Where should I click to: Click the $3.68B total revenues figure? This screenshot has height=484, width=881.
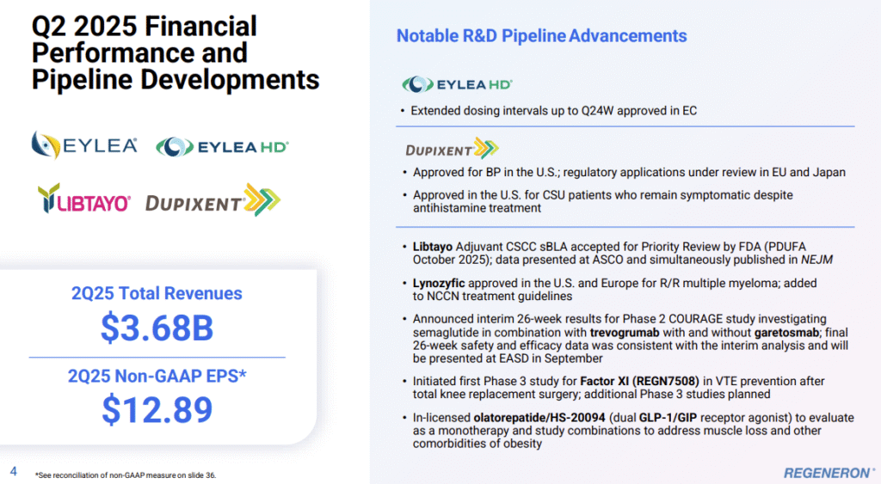[157, 328]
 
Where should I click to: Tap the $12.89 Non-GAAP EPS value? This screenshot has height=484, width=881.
[157, 409]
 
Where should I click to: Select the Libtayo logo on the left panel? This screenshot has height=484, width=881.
[84, 199]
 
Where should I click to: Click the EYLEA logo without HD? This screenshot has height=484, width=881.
[84, 145]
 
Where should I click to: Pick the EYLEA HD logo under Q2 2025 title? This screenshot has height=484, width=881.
[223, 147]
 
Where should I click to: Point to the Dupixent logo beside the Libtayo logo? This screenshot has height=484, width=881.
[213, 200]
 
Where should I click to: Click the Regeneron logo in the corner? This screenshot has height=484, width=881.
[829, 473]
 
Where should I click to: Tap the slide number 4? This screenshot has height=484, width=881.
[14, 471]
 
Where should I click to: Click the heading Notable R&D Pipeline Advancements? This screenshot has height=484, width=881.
[542, 36]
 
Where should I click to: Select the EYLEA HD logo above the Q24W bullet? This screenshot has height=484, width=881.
[458, 84]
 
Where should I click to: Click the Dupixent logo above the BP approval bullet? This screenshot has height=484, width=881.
[453, 148]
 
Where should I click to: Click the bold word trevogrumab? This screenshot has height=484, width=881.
[625, 333]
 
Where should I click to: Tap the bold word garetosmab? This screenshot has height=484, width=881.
[786, 333]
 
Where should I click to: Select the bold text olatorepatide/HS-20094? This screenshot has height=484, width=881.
[539, 418]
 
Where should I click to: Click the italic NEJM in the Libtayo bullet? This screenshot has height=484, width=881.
[817, 260]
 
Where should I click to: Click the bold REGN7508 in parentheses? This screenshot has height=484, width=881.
[666, 381]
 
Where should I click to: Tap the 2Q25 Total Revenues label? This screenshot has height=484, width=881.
[157, 293]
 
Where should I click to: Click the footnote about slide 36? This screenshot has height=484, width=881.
[126, 475]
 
